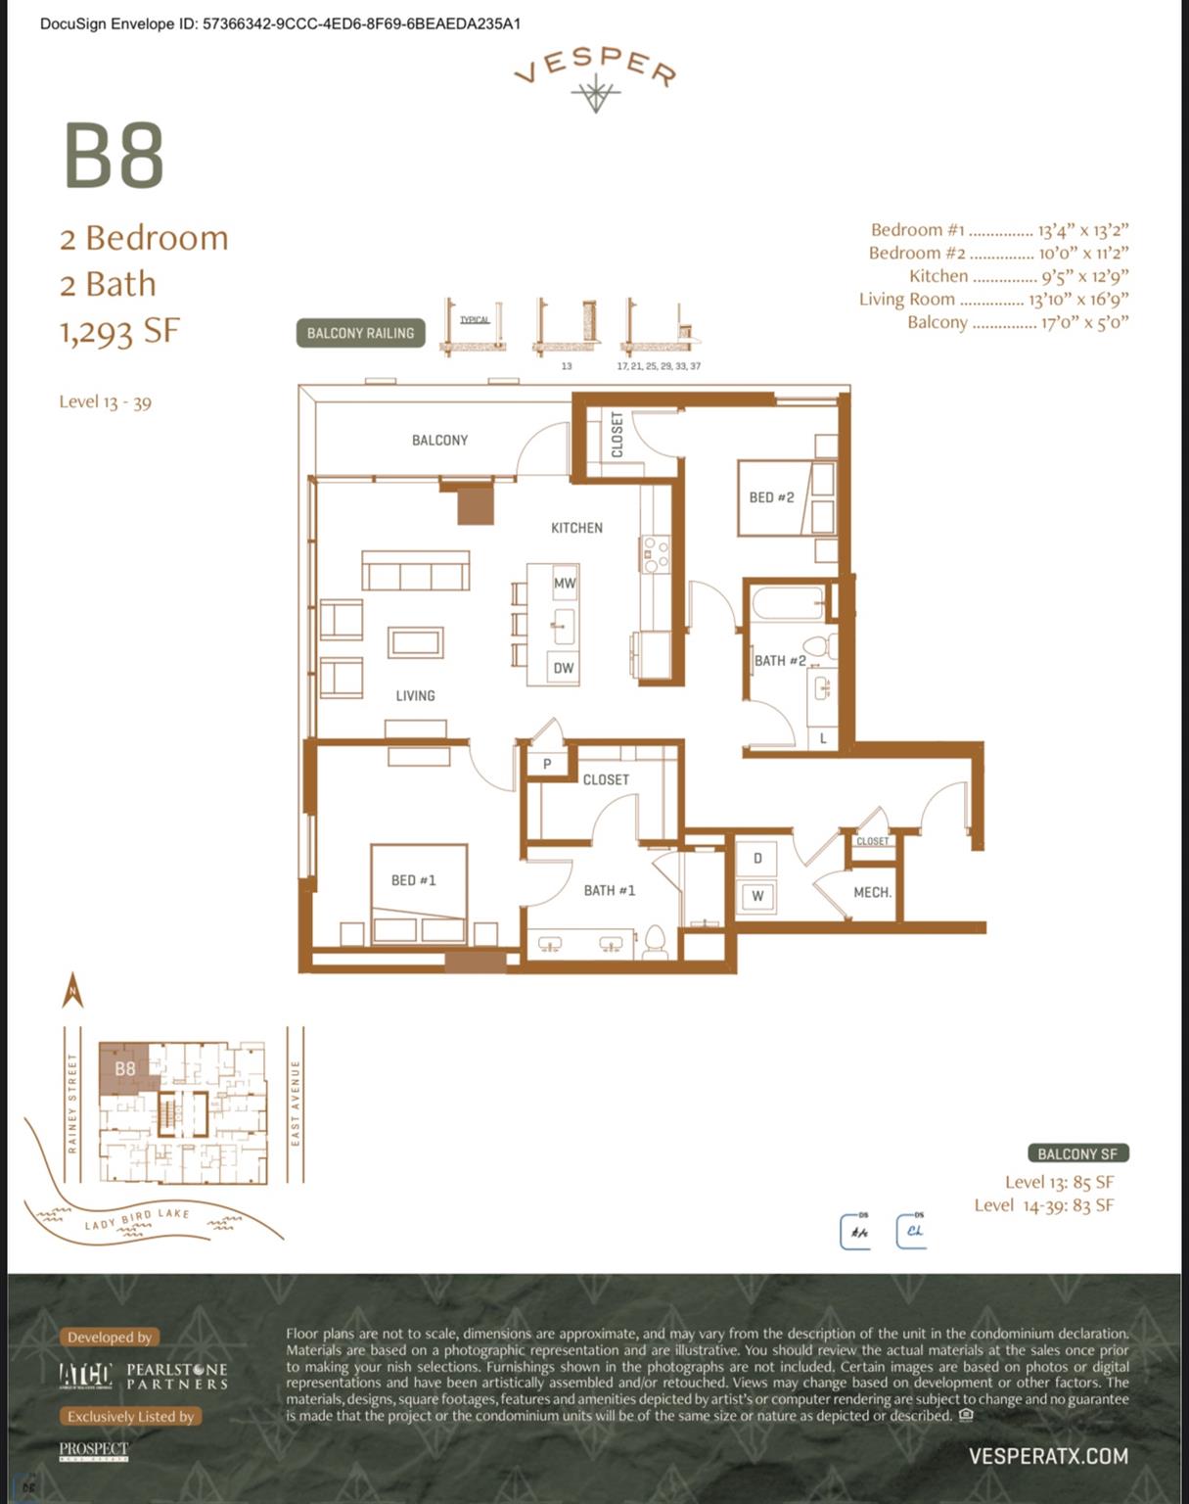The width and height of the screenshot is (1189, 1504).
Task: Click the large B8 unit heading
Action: click(114, 157)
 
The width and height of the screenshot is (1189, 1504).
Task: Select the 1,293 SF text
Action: click(119, 331)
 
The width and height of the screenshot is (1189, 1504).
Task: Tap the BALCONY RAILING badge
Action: click(360, 333)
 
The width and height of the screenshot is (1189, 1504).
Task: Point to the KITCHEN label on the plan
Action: click(576, 528)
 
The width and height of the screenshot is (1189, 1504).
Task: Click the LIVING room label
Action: click(415, 695)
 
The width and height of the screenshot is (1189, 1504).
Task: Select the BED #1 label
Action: click(413, 880)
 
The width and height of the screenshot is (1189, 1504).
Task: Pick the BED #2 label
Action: click(771, 497)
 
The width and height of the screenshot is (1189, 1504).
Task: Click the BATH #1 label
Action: click(609, 890)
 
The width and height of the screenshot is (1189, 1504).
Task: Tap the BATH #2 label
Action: click(780, 661)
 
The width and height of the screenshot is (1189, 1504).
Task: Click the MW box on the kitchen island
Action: click(565, 584)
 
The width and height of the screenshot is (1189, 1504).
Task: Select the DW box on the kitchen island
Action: click(564, 668)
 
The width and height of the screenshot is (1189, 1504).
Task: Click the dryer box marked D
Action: click(757, 859)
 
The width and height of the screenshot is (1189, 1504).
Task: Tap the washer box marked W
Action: click(757, 895)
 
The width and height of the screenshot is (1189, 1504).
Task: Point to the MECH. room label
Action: click(872, 892)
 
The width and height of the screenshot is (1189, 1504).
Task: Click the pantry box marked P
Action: click(547, 764)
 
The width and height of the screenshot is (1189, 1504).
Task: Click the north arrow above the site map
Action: click(72, 990)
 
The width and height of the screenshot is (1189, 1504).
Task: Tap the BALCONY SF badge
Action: click(1077, 1153)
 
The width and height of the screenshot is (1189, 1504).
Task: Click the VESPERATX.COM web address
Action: click(1047, 1456)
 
